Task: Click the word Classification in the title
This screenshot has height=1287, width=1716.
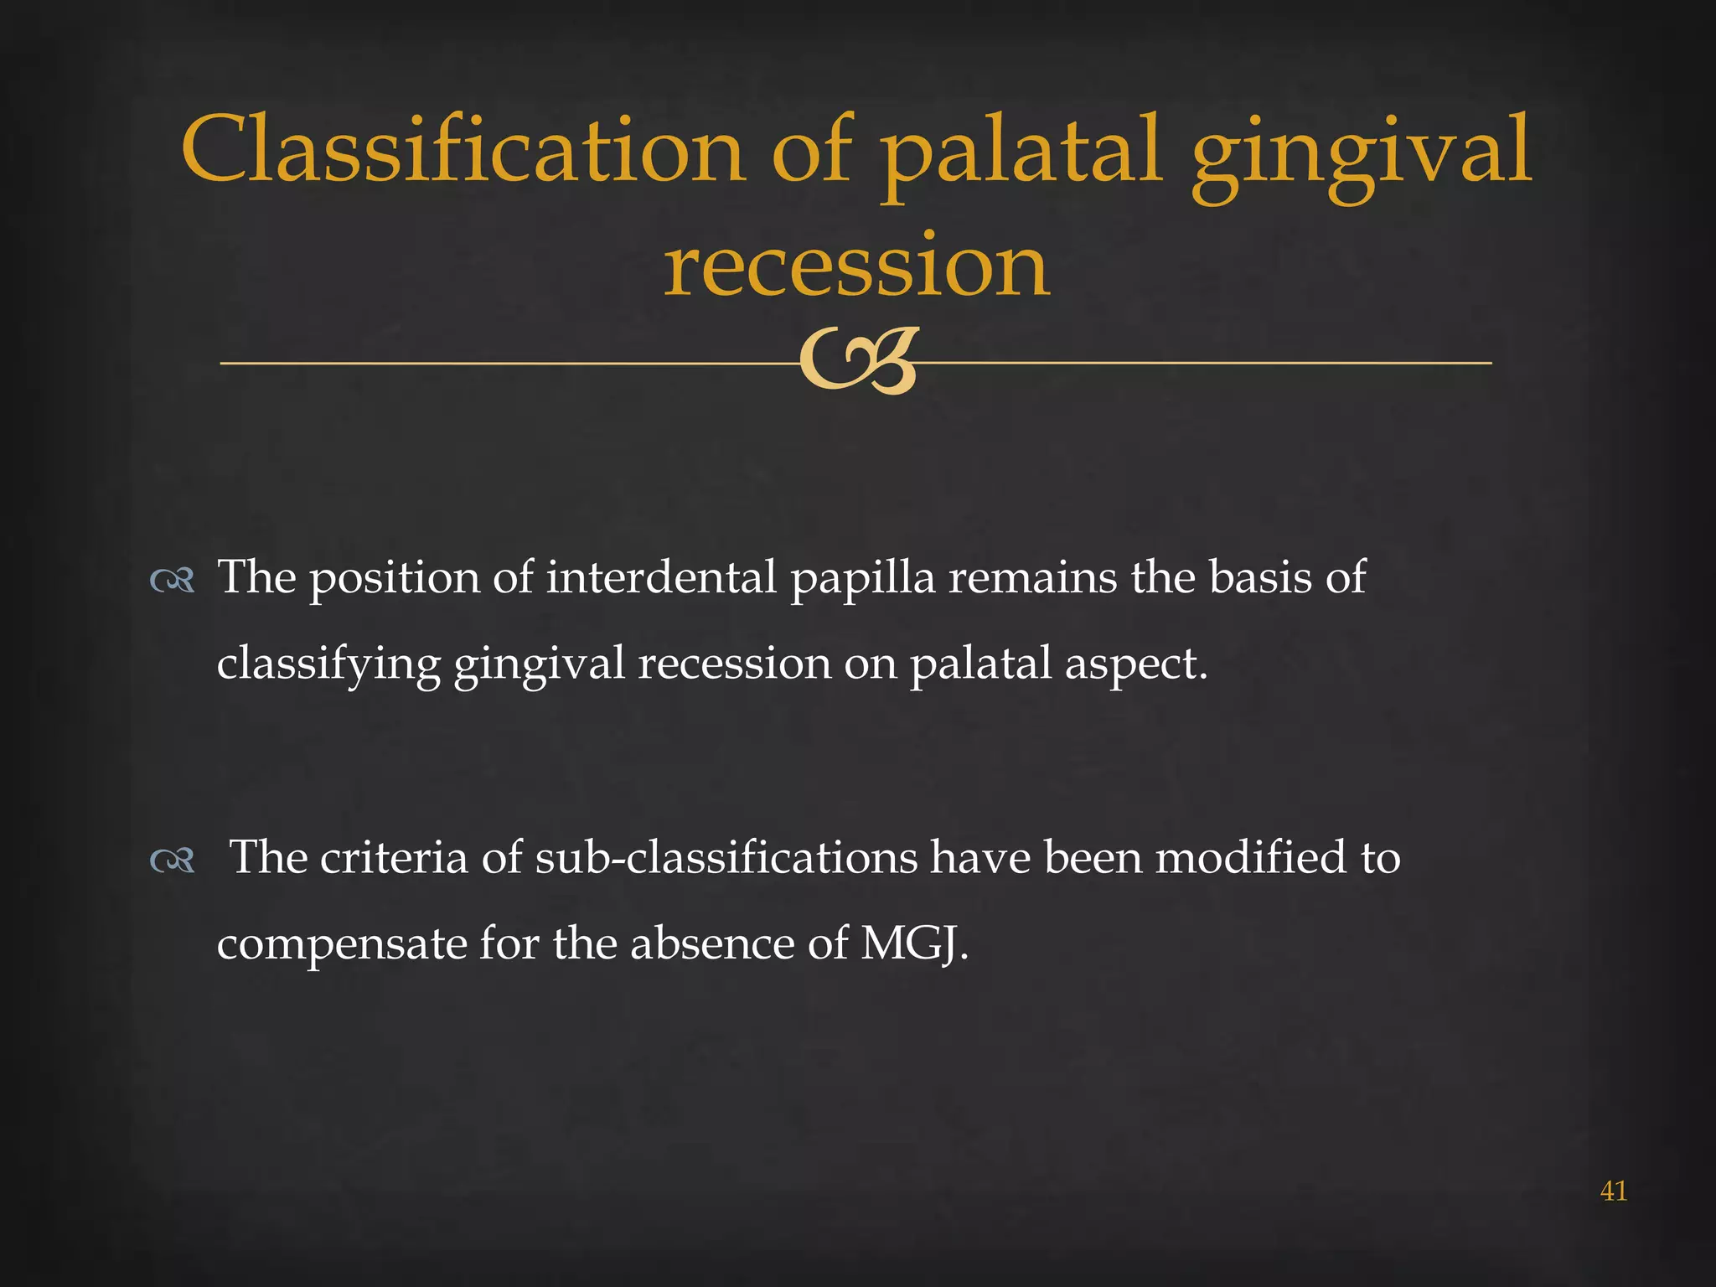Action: (x=463, y=151)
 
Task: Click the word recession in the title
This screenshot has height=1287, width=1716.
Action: (x=856, y=266)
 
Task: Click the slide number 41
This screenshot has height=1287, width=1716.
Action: (x=1613, y=1191)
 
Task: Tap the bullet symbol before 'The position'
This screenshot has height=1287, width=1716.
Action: (x=172, y=581)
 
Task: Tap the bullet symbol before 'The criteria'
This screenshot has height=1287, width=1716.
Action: (x=172, y=861)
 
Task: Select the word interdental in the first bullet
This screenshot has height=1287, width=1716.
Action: (x=661, y=578)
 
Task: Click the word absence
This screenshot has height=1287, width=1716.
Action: (x=712, y=944)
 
